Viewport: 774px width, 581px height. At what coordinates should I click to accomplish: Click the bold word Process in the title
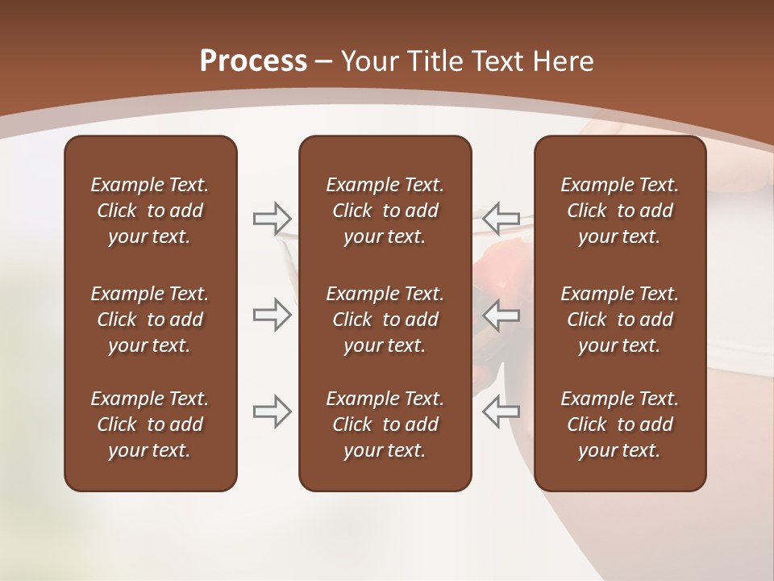click(x=253, y=61)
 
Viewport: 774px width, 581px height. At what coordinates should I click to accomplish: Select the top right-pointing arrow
click(x=273, y=218)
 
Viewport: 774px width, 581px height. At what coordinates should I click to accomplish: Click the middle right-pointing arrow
click(x=273, y=315)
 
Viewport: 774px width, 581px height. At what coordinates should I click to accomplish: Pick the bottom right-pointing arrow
click(x=273, y=411)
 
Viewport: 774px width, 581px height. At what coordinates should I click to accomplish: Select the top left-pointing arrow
click(x=501, y=218)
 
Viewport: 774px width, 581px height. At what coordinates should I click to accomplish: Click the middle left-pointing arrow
click(x=501, y=315)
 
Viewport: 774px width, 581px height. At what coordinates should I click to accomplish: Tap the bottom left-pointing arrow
click(x=501, y=411)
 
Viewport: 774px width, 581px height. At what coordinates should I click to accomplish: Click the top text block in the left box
click(x=150, y=211)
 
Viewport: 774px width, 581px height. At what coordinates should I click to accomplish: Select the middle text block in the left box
click(x=150, y=320)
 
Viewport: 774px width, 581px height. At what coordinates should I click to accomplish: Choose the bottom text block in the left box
click(x=150, y=424)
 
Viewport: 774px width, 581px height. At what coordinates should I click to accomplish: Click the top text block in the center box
click(x=385, y=211)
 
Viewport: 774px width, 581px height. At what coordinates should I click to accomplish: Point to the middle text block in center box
click(x=385, y=320)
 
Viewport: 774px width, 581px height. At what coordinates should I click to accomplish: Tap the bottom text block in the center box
click(x=385, y=424)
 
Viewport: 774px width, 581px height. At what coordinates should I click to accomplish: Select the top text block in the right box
click(x=619, y=211)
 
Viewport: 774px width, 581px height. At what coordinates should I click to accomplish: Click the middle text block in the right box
click(x=619, y=320)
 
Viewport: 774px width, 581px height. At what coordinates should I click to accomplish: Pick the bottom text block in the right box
click(x=619, y=424)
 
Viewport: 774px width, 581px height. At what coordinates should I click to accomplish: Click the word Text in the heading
click(x=497, y=61)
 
